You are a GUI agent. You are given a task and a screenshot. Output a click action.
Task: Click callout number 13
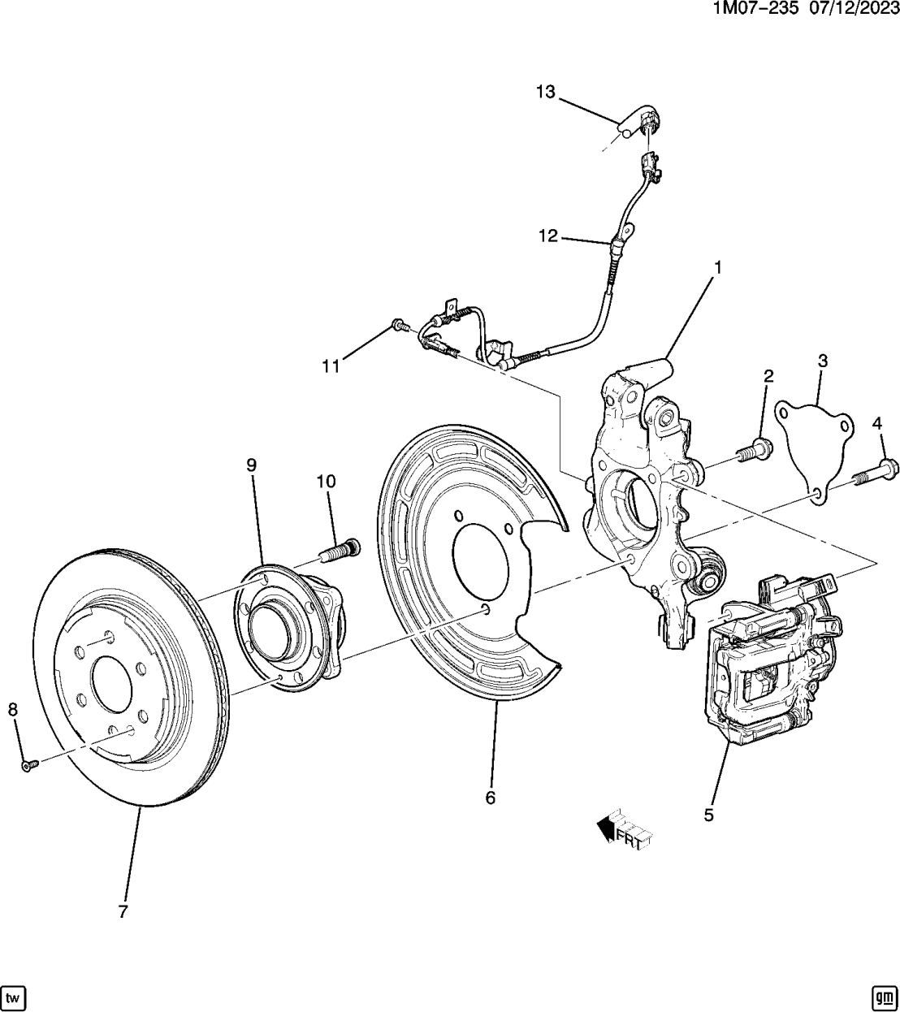(x=545, y=92)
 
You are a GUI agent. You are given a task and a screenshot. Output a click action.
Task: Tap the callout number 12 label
(x=548, y=236)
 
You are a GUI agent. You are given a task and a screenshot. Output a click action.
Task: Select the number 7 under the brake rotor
(x=123, y=911)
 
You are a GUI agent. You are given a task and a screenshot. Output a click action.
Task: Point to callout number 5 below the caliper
(x=709, y=815)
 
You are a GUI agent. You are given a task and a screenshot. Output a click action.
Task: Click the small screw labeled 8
(x=29, y=764)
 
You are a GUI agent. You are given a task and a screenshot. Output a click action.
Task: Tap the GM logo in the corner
(x=883, y=996)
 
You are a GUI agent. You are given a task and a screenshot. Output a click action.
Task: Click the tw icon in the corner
(x=13, y=996)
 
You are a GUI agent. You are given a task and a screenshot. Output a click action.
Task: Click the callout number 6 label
(x=490, y=797)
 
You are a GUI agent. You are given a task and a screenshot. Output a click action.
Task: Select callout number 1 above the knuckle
(x=718, y=266)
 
